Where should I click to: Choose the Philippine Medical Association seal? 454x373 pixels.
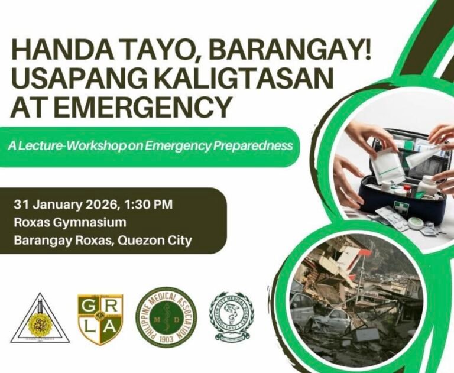pyautogui.click(x=166, y=317)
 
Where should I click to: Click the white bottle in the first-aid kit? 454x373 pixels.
pyautogui.click(x=426, y=184)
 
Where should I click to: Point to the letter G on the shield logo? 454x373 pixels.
pyautogui.click(x=90, y=307)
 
